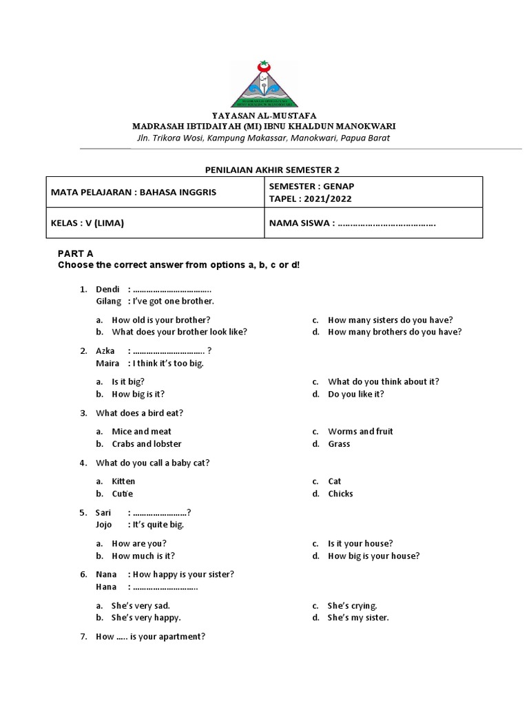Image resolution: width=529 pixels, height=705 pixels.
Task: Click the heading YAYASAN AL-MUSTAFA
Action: [264, 116]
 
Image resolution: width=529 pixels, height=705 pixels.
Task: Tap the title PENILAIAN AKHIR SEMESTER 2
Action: [264, 169]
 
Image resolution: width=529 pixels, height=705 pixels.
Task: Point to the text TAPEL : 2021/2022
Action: [307, 198]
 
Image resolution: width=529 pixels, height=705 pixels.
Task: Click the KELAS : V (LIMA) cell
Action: [88, 223]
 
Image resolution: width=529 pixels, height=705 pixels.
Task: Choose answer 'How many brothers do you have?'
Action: [395, 332]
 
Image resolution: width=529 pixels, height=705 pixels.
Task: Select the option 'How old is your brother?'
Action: [161, 319]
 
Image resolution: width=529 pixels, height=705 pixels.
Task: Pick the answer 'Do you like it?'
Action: [356, 394]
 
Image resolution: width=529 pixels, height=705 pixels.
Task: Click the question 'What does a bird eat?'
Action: [140, 413]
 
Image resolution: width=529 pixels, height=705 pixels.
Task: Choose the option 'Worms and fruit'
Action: [360, 431]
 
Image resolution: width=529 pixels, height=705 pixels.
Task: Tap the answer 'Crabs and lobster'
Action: [147, 443]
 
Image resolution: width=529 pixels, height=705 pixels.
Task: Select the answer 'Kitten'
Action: [123, 481]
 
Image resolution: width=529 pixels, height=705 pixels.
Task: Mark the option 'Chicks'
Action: [340, 494]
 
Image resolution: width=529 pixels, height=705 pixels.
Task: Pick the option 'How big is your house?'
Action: [373, 556]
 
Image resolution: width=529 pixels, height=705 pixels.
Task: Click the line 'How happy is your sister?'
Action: [183, 574]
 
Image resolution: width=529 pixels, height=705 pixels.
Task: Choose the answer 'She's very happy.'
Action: [146, 618]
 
